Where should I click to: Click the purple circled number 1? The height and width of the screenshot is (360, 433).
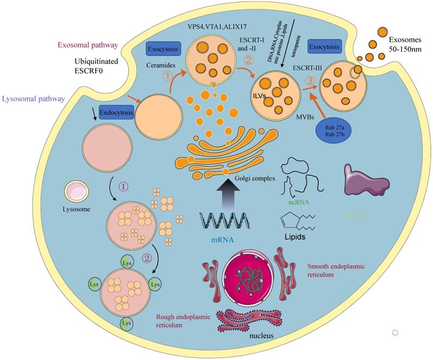[x=124, y=186]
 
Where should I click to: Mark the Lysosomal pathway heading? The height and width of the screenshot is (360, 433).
[x=34, y=99]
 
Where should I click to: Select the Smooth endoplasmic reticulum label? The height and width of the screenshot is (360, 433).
[x=335, y=271]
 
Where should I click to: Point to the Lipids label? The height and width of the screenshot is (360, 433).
[x=297, y=237]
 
